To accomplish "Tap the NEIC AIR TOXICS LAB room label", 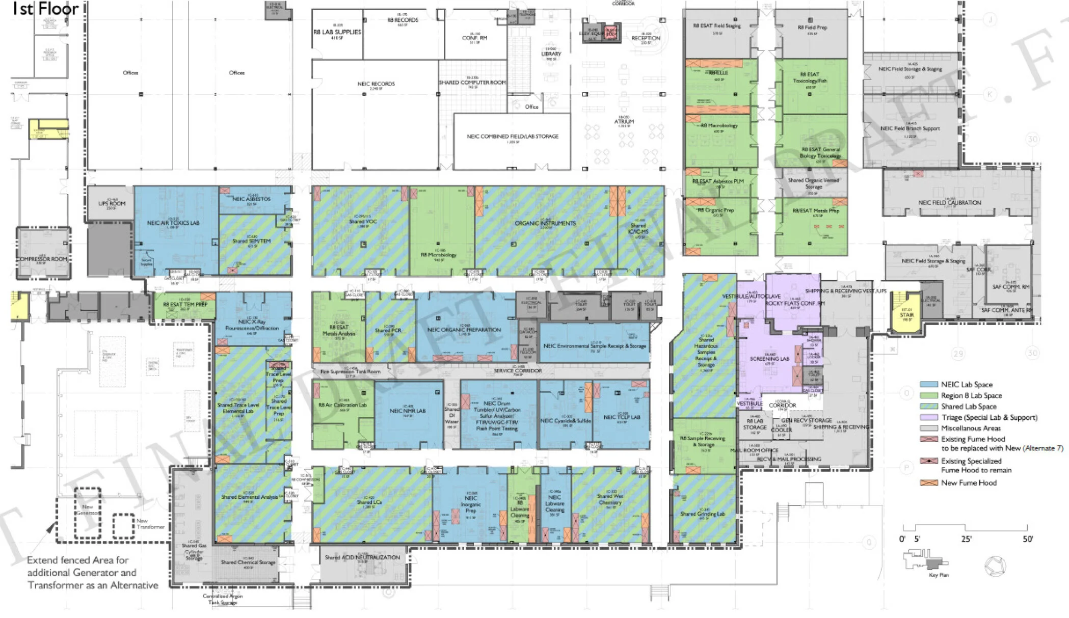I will (173, 223).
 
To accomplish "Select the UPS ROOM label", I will (112, 204).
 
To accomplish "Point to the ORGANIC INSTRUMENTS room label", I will (545, 223).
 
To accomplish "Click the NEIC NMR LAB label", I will (408, 411).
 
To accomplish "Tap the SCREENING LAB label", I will (769, 359).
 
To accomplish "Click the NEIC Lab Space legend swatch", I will (929, 385).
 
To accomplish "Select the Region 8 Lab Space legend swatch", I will (929, 395).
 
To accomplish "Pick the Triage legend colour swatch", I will (929, 417).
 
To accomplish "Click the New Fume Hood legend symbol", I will (929, 482).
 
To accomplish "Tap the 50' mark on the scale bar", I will (1027, 539).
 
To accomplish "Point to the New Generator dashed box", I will (88, 513).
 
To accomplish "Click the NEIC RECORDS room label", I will (376, 84).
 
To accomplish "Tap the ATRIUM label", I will (624, 122).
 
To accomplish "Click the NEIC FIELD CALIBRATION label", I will (950, 203).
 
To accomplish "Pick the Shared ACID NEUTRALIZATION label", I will (362, 557).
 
